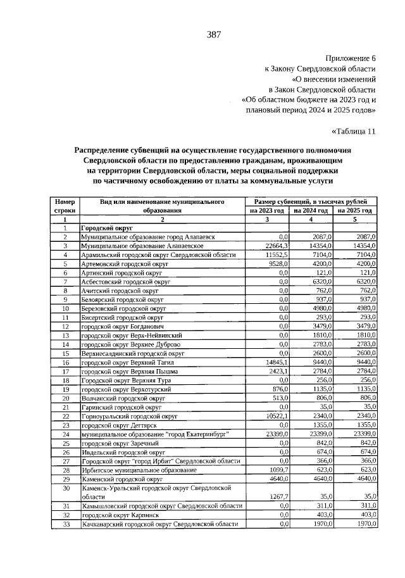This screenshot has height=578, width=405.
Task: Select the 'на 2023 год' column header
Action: click(266, 210)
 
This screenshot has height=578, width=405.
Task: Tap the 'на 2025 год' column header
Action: click(355, 210)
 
